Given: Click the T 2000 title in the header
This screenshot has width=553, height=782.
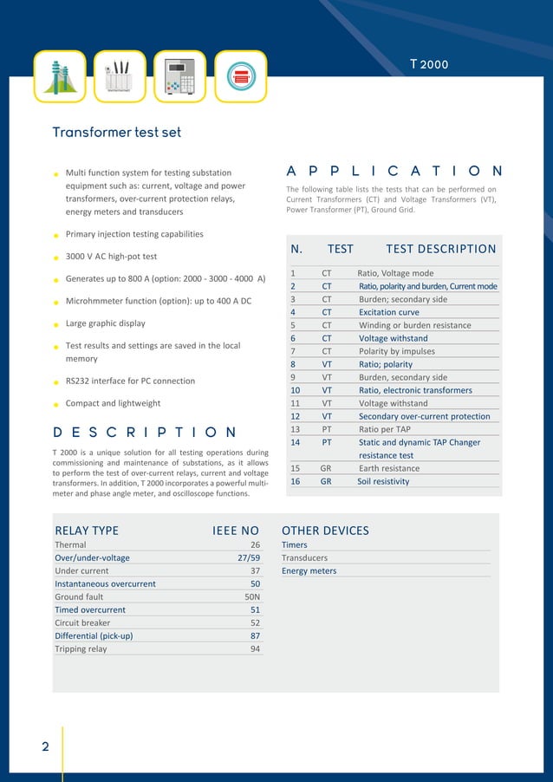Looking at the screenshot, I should coord(429,64).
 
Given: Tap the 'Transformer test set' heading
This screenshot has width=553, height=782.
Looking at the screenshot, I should coord(116,133).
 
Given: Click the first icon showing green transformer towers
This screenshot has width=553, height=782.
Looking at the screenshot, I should coord(60,76).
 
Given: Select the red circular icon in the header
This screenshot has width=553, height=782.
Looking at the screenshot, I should coord(240,76).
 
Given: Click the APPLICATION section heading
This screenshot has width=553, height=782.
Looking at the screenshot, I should coord(394,172).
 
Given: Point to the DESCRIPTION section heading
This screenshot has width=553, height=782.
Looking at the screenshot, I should coord(145,433).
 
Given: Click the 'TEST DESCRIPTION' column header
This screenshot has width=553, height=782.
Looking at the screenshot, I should coord(440,249).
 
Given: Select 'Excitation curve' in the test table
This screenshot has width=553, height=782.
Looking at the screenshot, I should coord(388,312).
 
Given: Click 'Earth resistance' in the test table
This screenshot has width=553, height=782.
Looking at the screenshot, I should coord(388,468).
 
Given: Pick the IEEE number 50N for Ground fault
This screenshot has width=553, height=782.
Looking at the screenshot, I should coord(252,597).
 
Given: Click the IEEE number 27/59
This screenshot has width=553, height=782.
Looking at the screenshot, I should coord(249,558).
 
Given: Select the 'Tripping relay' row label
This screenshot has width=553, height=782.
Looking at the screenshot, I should coord(81,648).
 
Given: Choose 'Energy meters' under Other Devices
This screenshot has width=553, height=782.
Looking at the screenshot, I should coord(309,571).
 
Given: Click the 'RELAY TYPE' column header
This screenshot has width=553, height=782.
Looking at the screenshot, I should coord(87,531).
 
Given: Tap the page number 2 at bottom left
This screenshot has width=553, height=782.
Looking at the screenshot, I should coord(45,747).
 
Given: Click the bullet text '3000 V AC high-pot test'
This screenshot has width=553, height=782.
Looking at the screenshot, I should coord(111,257).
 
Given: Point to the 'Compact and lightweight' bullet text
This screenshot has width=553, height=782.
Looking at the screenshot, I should coord(113,403).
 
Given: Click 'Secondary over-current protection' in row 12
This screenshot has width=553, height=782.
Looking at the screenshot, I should coord(424,416).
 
